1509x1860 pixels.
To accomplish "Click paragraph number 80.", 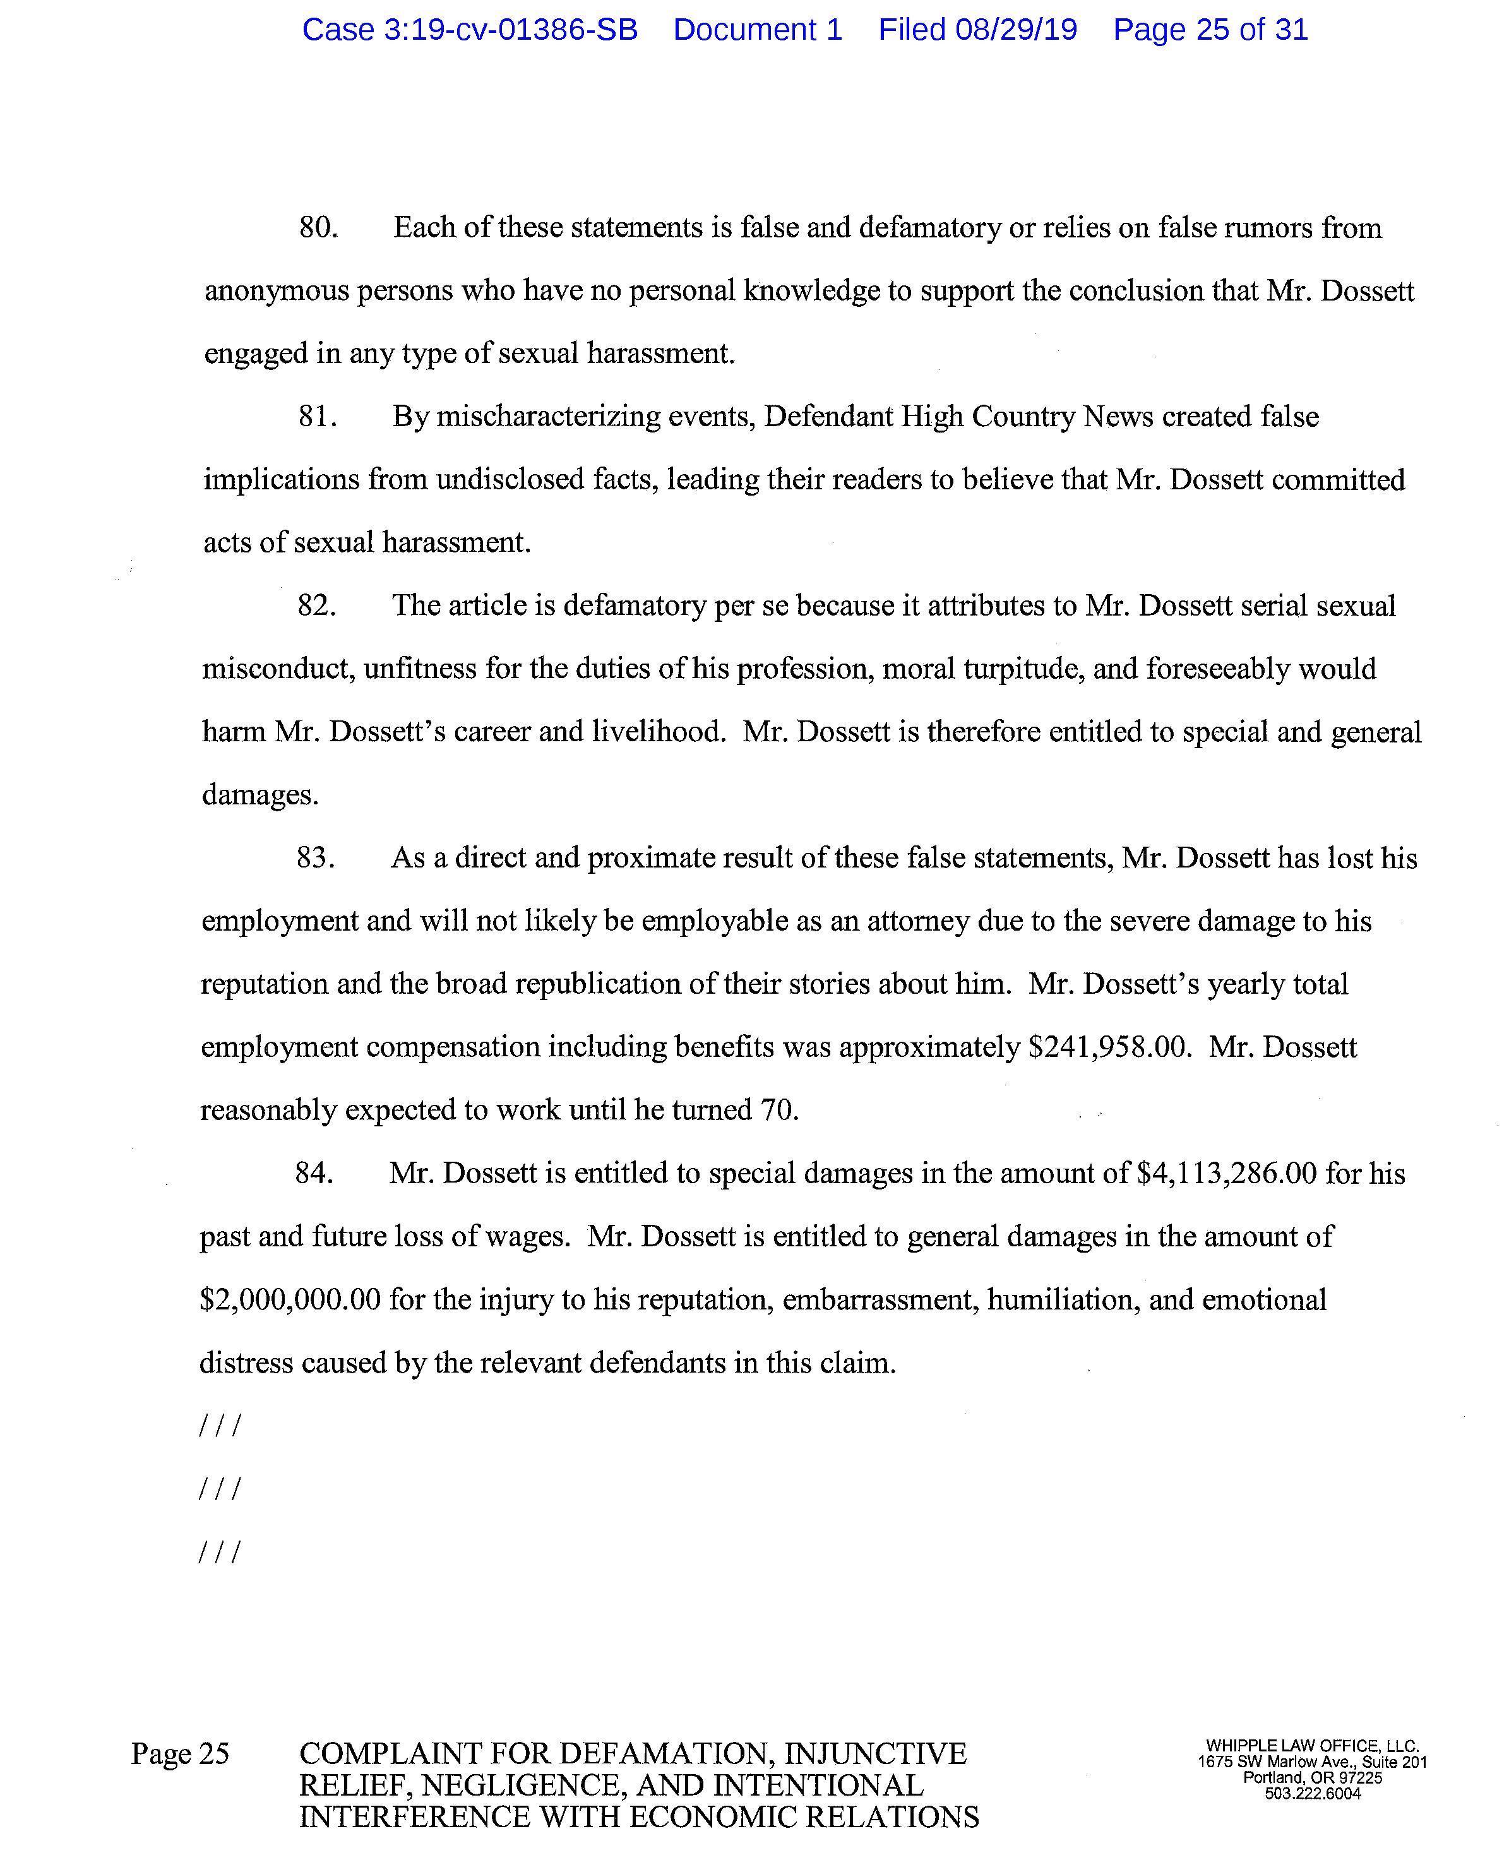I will pyautogui.click(x=318, y=228).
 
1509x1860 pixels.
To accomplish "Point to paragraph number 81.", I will pyautogui.click(x=318, y=417).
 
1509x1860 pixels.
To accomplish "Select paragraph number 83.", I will pyautogui.click(x=316, y=859).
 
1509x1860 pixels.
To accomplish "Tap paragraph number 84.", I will pyautogui.click(x=314, y=1174).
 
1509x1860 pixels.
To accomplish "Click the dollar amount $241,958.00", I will pyautogui.click(x=1107, y=1047).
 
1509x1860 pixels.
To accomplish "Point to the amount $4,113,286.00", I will pyautogui.click(x=1227, y=1174).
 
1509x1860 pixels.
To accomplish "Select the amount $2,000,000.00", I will pyautogui.click(x=290, y=1300).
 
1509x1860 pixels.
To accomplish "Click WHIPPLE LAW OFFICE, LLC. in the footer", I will pyautogui.click(x=1311, y=1745).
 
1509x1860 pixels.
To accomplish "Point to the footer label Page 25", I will pyautogui.click(x=180, y=1754).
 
